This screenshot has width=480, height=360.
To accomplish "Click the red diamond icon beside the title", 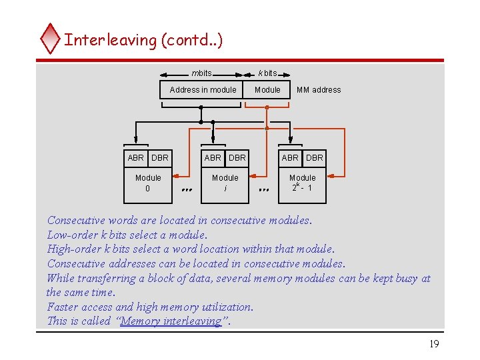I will click(x=50, y=39).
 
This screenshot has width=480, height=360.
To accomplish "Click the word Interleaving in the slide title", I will click(x=110, y=40).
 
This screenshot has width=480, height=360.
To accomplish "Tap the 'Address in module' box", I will click(x=203, y=90).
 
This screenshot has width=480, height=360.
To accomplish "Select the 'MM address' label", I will click(x=318, y=90).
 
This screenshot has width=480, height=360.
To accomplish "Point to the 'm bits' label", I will click(x=201, y=73).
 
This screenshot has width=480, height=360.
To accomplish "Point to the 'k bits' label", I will click(x=267, y=73).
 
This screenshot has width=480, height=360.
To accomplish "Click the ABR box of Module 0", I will click(x=136, y=158).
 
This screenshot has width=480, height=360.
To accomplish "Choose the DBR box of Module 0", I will click(x=160, y=158).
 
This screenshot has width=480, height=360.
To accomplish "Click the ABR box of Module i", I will click(x=213, y=158).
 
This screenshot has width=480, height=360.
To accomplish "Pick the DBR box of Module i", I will click(x=237, y=158).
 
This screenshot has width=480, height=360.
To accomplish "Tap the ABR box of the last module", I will click(x=290, y=158).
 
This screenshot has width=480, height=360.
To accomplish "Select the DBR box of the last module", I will click(x=315, y=158).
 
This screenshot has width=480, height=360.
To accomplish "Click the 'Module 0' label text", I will click(x=148, y=183).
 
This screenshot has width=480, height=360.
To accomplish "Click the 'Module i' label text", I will click(x=225, y=183).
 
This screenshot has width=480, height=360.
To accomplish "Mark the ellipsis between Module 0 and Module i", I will click(x=187, y=190).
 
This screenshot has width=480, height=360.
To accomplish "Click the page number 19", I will click(x=434, y=344).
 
